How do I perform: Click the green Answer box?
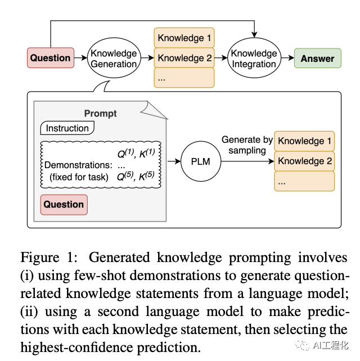click(318, 58)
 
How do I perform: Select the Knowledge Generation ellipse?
click(114, 58)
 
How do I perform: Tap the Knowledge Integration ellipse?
click(254, 58)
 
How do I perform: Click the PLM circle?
click(201, 161)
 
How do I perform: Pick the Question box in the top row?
click(51, 58)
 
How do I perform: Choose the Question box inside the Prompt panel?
click(64, 205)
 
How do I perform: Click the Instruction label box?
click(67, 128)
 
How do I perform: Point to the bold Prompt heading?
click(101, 114)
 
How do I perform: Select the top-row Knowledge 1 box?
click(184, 38)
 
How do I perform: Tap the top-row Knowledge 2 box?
click(184, 58)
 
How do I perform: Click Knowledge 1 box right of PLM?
click(304, 141)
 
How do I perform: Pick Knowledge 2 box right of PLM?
click(304, 161)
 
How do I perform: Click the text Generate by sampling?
click(247, 145)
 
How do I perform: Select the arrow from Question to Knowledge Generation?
click(80, 58)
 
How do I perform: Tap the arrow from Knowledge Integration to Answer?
click(287, 58)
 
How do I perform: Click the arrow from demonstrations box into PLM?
click(174, 161)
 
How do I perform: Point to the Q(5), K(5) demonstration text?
click(136, 176)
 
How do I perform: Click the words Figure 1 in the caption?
click(49, 258)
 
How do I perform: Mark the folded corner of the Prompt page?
click(154, 110)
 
